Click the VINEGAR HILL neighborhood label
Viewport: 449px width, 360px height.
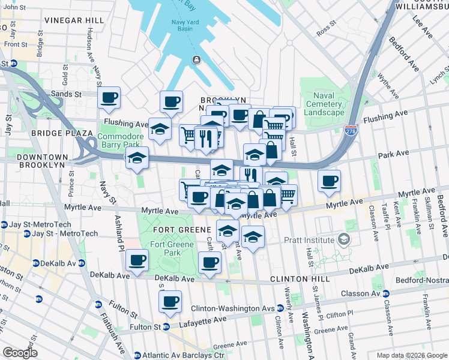pos(73,20)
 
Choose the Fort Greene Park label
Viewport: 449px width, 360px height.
pos(165,248)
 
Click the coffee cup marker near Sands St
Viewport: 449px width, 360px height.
pos(109,98)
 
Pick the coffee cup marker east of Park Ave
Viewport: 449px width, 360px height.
pos(329,181)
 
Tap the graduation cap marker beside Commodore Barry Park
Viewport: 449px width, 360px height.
pos(137,158)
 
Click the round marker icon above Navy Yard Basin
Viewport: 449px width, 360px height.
pos(196,59)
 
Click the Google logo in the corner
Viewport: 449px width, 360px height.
pos(20,353)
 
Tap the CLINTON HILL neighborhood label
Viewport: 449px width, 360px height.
pos(297,280)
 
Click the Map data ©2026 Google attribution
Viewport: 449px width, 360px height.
pos(412,355)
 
